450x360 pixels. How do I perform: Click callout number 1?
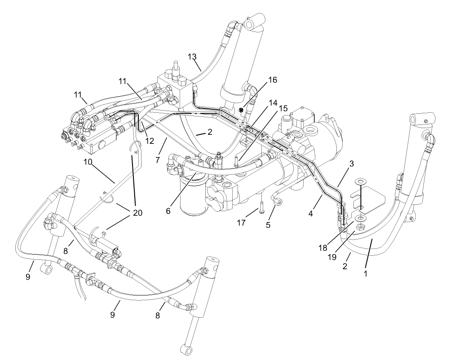tap(365, 273)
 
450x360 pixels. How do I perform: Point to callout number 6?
tap(168, 210)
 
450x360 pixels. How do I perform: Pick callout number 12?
tap(150, 141)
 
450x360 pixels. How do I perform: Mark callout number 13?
tap(192, 57)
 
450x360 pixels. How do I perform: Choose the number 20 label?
tap(137, 213)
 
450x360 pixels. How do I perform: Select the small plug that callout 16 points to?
tap(242, 110)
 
